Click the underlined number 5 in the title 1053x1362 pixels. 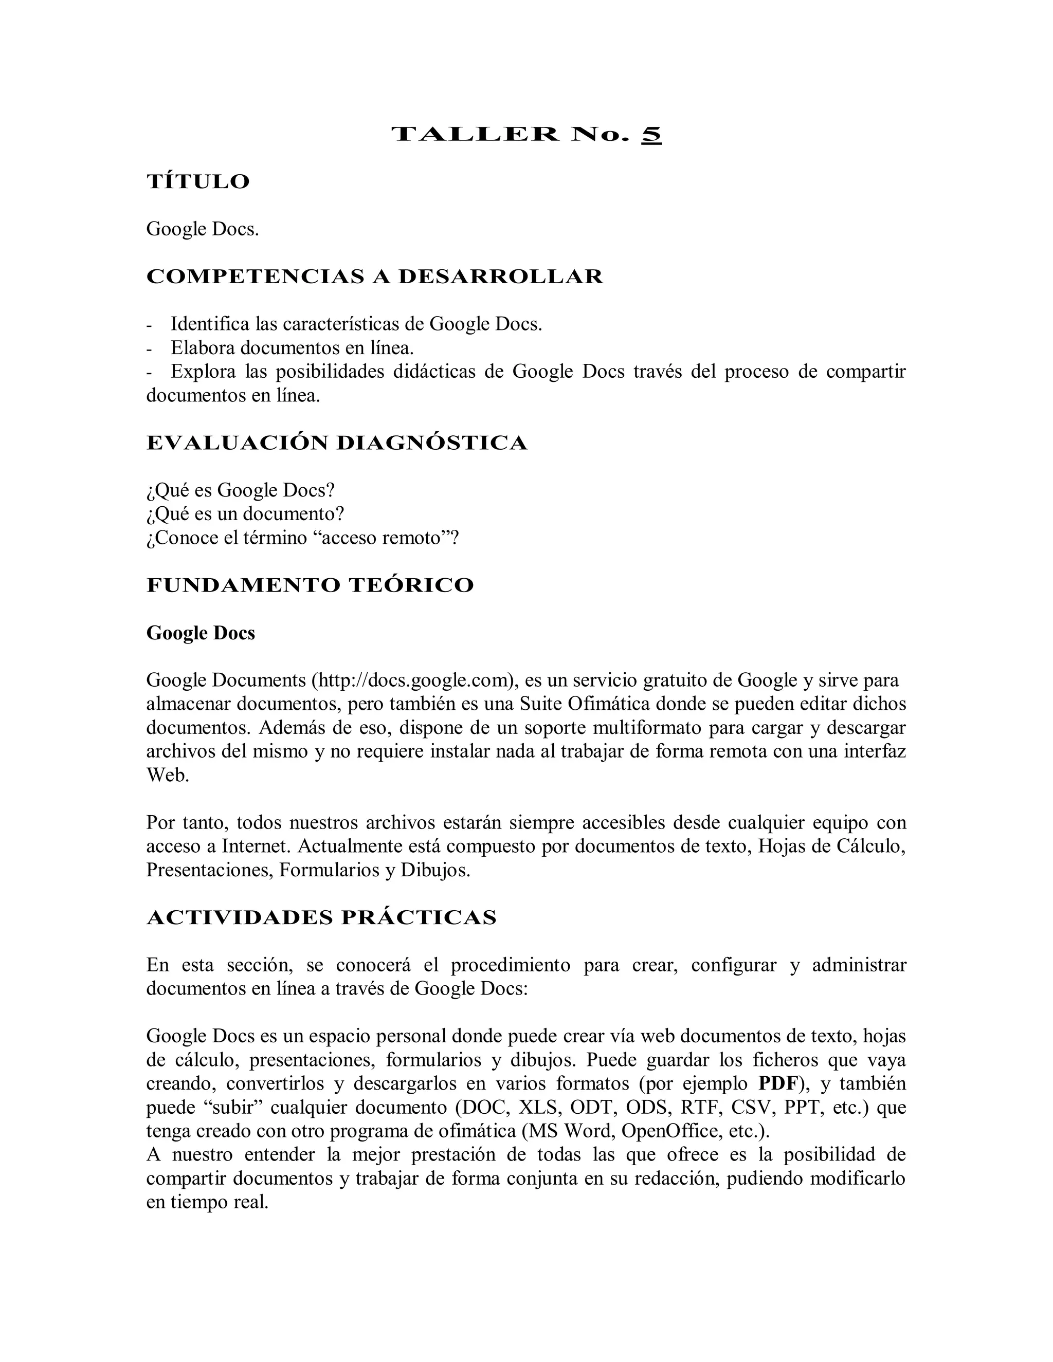(650, 135)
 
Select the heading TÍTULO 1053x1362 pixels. (198, 181)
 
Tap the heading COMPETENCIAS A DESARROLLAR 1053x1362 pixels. (374, 277)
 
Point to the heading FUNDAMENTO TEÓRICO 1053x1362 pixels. (310, 585)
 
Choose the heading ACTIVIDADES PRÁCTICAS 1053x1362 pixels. (321, 917)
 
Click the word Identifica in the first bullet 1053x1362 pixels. (210, 324)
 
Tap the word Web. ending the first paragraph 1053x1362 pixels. (167, 775)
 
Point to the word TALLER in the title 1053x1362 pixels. (476, 135)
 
